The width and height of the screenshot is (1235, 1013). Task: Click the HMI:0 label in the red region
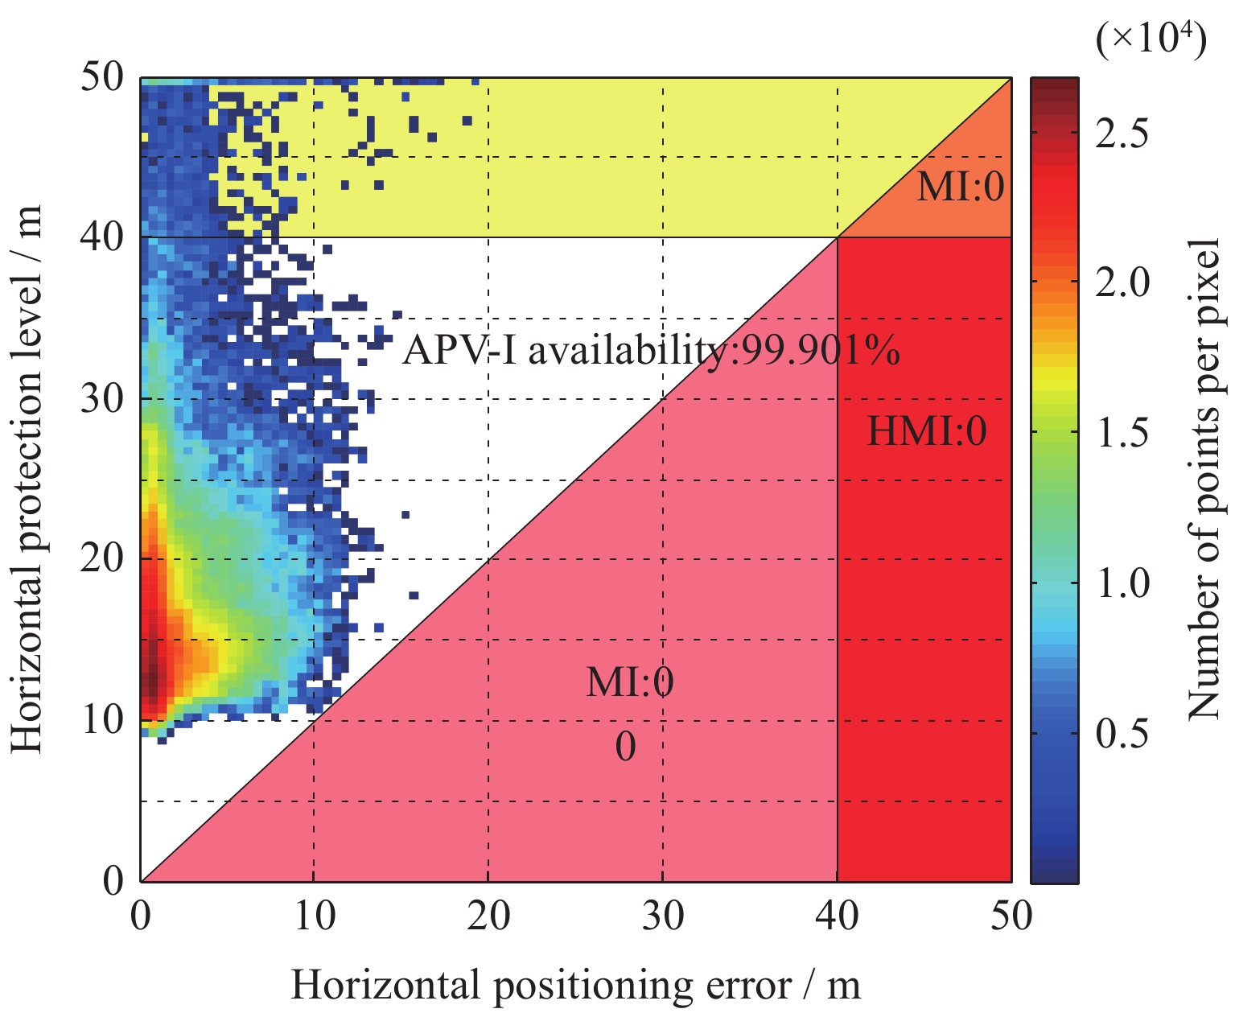coord(926,432)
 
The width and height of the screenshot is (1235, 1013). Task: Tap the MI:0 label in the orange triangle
coord(961,187)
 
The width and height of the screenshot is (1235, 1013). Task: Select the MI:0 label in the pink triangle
coord(630,683)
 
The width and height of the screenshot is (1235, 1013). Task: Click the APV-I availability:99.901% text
coord(650,351)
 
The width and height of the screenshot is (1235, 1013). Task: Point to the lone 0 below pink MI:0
coord(625,747)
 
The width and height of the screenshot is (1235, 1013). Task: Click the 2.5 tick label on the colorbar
coord(1122,134)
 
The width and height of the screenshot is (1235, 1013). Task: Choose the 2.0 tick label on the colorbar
coord(1122,283)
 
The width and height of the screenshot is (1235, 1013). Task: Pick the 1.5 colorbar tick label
coord(1122,433)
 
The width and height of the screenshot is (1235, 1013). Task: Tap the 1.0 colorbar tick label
coord(1122,583)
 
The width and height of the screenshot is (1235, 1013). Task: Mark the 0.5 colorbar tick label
coord(1122,733)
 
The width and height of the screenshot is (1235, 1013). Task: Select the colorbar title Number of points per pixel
coord(1204,478)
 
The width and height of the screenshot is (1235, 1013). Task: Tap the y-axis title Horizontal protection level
coord(27,480)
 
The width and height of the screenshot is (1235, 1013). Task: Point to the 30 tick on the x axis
coord(663,916)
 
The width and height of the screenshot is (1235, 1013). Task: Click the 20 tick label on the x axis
coord(488,916)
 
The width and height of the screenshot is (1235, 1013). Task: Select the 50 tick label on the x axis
coord(1011,916)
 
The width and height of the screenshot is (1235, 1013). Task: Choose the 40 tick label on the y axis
coord(102,237)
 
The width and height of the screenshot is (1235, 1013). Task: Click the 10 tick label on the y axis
coord(102,719)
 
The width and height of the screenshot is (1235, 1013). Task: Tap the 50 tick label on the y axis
coord(102,78)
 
